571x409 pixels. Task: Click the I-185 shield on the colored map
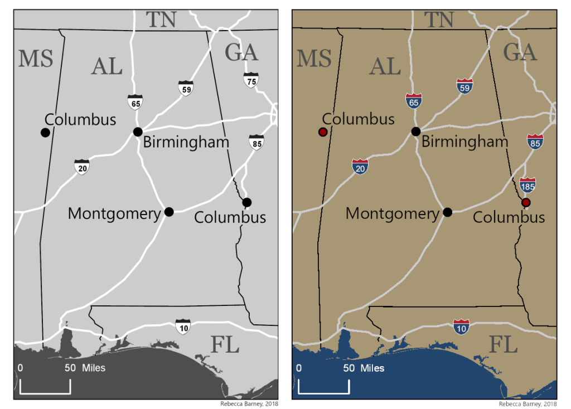(x=528, y=184)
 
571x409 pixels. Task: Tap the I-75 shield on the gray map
(x=251, y=80)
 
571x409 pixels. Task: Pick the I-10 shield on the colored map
(x=461, y=326)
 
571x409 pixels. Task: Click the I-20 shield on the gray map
(x=82, y=166)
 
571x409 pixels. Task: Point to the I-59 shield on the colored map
(x=464, y=86)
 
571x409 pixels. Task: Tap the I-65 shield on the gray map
(x=135, y=102)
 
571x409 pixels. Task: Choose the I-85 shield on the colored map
(x=535, y=142)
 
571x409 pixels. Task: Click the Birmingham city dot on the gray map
(x=138, y=132)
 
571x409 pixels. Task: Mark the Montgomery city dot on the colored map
(x=447, y=212)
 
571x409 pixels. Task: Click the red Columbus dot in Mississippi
(x=322, y=132)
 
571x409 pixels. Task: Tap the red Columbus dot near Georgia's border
(x=525, y=202)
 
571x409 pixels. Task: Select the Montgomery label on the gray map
(x=114, y=213)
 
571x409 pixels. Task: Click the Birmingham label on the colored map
(x=464, y=142)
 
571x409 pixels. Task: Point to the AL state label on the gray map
(x=107, y=66)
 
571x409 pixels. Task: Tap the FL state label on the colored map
(x=504, y=345)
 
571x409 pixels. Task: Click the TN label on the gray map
(x=161, y=20)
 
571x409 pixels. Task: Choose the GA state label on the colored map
(x=520, y=52)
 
